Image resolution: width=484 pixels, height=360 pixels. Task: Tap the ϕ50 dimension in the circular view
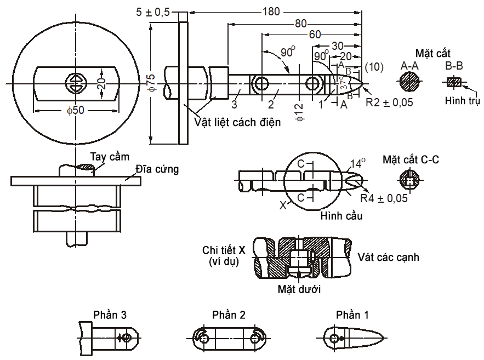(x=76, y=110)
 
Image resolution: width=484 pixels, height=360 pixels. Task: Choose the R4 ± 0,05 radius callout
(x=384, y=198)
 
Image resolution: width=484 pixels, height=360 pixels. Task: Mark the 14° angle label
(x=357, y=163)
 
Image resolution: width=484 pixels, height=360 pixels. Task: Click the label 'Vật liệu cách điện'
(x=237, y=122)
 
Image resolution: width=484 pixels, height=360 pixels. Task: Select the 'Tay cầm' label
(x=106, y=157)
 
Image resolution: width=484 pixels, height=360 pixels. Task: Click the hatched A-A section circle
(x=410, y=83)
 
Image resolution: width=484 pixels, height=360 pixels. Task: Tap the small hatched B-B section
(x=454, y=83)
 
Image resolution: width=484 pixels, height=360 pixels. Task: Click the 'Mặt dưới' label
(x=299, y=288)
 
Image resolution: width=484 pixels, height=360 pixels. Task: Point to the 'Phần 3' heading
(x=110, y=315)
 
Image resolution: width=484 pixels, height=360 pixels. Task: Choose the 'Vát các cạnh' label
(x=389, y=256)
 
